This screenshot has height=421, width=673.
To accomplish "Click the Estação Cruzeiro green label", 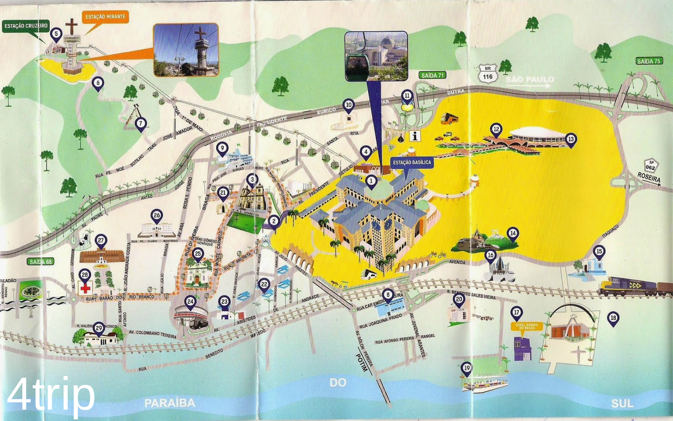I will [26, 26].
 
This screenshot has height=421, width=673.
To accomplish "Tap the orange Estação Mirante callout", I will [105, 17].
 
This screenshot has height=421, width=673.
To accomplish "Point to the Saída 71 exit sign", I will [432, 75].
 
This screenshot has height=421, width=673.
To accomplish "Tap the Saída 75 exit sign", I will [649, 61].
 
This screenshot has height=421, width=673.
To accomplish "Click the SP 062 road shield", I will [650, 165].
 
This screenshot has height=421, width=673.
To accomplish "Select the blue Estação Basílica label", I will [412, 162].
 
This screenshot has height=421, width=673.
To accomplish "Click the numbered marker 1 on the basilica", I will [371, 181].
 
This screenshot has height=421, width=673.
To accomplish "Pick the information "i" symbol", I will [415, 136].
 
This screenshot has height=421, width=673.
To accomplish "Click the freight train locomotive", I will [627, 286].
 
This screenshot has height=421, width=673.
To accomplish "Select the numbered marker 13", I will [570, 139].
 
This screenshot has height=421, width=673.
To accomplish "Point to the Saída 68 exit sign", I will [41, 261].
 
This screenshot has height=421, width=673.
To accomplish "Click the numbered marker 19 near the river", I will [466, 368].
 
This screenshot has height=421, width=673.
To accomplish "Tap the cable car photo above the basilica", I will [376, 55].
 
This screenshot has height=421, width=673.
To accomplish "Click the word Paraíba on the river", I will [170, 403].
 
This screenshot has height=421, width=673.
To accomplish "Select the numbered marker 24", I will [191, 301].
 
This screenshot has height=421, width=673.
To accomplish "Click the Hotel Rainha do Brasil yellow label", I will [527, 326].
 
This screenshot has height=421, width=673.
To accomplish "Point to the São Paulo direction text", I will [529, 79].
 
